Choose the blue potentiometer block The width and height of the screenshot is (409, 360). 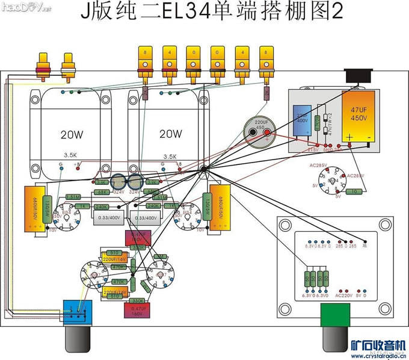tap(77, 309)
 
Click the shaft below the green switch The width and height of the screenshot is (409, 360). tap(333, 337)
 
